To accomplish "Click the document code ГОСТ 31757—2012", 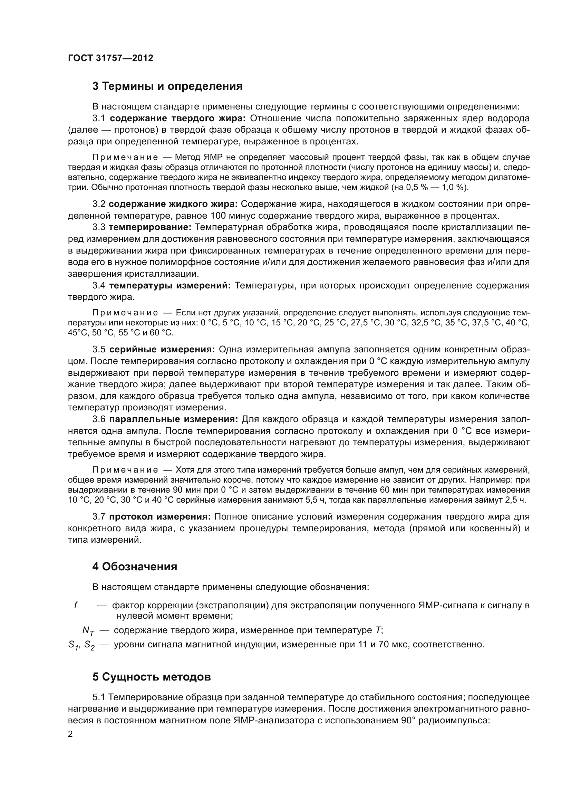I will click(110, 58).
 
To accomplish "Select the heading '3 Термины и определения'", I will click(167, 86).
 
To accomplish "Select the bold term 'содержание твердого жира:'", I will click(177, 118).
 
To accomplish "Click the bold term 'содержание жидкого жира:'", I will click(173, 204).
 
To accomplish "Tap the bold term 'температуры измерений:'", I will click(170, 285).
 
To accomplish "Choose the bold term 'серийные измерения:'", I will click(162, 350).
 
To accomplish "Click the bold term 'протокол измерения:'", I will click(159, 516).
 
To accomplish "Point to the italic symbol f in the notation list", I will click(76, 605).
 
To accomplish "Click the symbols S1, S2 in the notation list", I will click(81, 645).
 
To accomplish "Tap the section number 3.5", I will click(99, 350).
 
